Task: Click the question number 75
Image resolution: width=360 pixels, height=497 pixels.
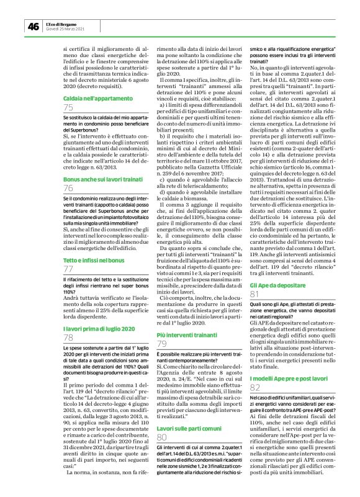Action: [x=69, y=109]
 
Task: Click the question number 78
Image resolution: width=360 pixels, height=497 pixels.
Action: [x=69, y=338]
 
